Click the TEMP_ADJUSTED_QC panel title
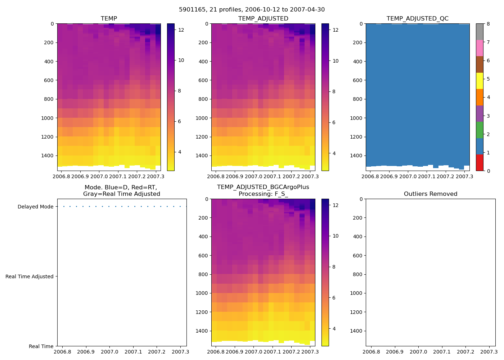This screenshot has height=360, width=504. [x=417, y=19]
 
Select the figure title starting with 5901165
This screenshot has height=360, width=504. [x=252, y=10]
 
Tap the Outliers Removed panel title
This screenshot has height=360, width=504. [x=430, y=194]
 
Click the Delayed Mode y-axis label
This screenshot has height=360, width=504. [x=35, y=207]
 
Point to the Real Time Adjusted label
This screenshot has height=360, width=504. [x=29, y=276]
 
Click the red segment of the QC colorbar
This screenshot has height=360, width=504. [x=480, y=162]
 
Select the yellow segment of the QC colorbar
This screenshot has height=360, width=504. [x=480, y=81]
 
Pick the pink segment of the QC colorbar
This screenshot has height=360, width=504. [x=480, y=48]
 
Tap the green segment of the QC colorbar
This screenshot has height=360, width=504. [x=480, y=130]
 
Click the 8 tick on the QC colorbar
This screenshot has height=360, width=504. [x=488, y=24]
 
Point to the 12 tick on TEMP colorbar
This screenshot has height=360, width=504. [x=181, y=30]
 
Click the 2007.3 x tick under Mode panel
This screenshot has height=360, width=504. [x=180, y=352]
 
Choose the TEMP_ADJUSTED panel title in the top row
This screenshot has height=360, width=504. [x=263, y=19]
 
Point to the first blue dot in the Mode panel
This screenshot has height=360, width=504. [x=64, y=207]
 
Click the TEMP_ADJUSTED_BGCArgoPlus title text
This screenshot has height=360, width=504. [x=263, y=187]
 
